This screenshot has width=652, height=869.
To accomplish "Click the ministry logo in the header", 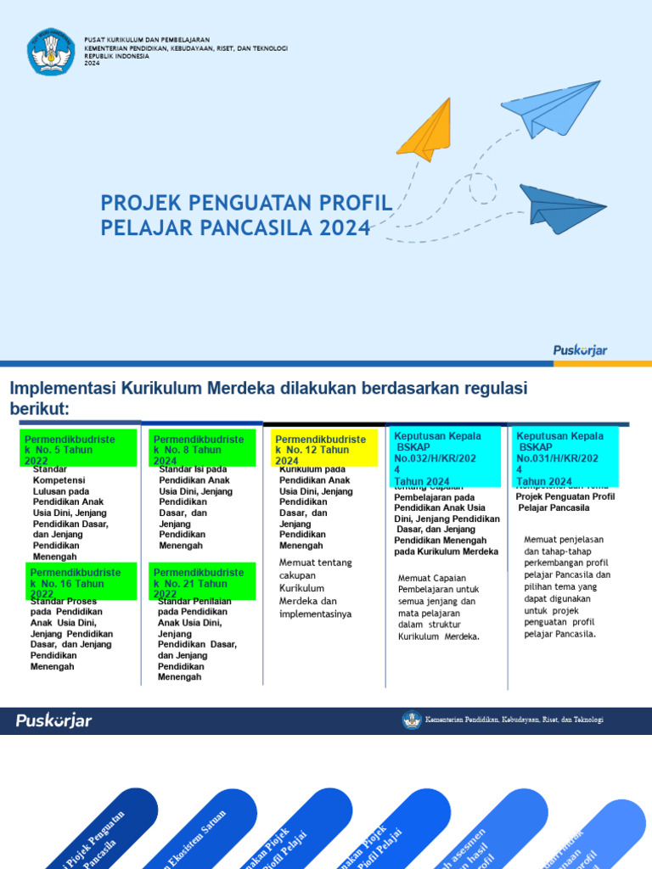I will pyautogui.click(x=51, y=51).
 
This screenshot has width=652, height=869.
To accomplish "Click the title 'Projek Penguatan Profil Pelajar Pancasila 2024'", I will pyautogui.click(x=246, y=216).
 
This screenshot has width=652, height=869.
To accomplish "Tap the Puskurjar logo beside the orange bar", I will pyautogui.click(x=581, y=350).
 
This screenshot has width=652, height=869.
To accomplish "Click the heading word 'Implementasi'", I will pyautogui.click(x=62, y=389).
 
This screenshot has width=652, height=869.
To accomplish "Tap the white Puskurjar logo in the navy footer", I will pyautogui.click(x=53, y=720).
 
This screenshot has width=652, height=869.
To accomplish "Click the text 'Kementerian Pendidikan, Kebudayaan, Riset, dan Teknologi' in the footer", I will pyautogui.click(x=514, y=720).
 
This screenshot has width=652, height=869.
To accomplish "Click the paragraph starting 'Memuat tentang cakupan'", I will pyautogui.click(x=315, y=588).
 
